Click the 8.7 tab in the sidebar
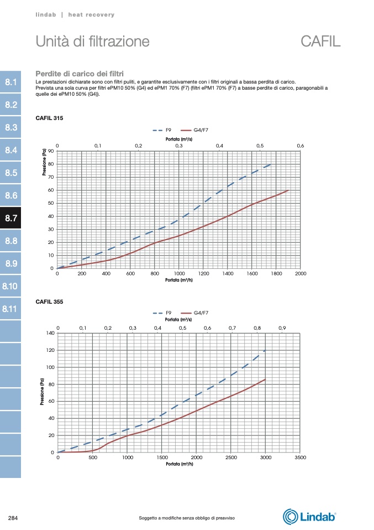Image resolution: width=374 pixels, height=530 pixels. coord(10,218)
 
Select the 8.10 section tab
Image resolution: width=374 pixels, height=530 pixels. coord(10,286)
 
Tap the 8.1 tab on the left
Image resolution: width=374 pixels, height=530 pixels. coord(10,82)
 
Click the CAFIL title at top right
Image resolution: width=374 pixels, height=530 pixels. coord(320,41)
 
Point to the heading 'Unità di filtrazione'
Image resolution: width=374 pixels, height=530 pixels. coord(92,41)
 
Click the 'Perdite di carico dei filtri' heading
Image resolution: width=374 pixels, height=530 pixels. coord(80,73)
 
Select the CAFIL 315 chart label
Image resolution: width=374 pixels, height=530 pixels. coord(49,118)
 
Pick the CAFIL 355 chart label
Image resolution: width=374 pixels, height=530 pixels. coord(49,302)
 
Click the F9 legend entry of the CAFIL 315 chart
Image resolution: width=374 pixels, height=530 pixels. coord(161,130)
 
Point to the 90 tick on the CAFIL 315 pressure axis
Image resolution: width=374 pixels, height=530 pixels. coord(51,151)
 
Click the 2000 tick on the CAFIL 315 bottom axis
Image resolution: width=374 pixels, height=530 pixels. coord(301,274)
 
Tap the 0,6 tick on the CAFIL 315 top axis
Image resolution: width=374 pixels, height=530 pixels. coord(301,146)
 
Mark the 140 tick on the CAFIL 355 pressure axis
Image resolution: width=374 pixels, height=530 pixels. coord(50,333)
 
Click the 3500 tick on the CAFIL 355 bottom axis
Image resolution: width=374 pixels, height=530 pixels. coord(301,458)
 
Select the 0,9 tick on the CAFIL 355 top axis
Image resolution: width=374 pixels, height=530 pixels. coord(282,328)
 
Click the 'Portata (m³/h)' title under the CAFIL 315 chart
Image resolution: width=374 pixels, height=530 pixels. coord(178,280)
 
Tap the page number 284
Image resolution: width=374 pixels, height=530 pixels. coord(13,518)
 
